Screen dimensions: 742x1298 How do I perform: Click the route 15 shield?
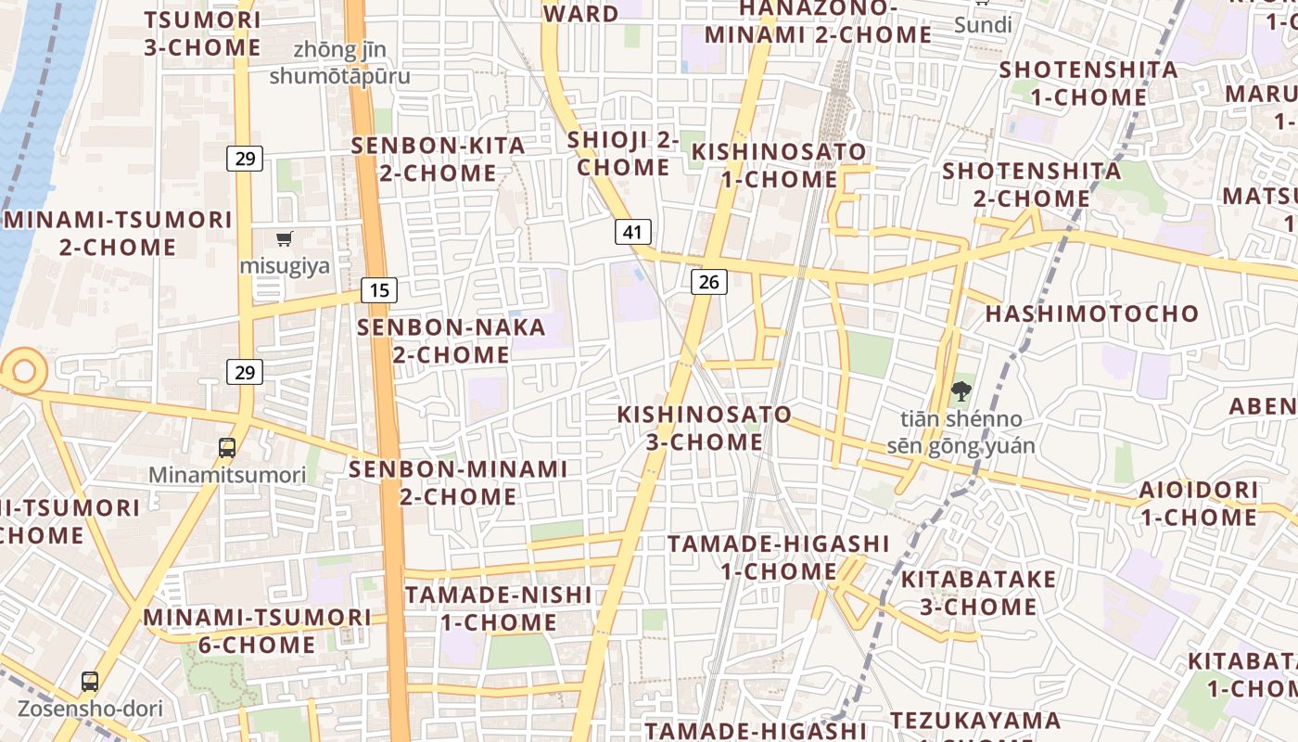(379, 290)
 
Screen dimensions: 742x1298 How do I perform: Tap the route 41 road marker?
(632, 231)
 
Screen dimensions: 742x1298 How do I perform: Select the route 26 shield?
(708, 282)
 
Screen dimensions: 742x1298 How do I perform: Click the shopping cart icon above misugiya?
(285, 239)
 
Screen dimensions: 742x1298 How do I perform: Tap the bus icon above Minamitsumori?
(227, 448)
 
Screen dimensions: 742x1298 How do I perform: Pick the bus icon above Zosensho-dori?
(90, 682)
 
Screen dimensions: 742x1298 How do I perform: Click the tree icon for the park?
(961, 391)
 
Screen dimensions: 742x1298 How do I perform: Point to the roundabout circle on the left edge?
(23, 372)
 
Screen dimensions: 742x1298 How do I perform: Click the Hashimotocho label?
(1092, 313)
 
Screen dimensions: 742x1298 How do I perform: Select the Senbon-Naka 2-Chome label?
(434, 340)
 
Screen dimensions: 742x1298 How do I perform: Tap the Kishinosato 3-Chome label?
(705, 428)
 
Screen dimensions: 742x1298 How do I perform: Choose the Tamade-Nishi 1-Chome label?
(498, 608)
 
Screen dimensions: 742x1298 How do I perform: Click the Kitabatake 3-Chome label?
(978, 593)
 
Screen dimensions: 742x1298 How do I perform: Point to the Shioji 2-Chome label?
(623, 154)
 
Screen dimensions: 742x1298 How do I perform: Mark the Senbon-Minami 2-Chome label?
(458, 482)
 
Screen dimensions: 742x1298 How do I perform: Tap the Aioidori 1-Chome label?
(1198, 503)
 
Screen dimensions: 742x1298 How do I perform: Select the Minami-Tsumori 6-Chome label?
(257, 630)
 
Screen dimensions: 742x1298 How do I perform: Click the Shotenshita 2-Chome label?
(1031, 185)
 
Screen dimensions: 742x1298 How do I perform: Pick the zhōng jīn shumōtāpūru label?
(339, 63)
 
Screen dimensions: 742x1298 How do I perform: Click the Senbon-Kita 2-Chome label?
(438, 159)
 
